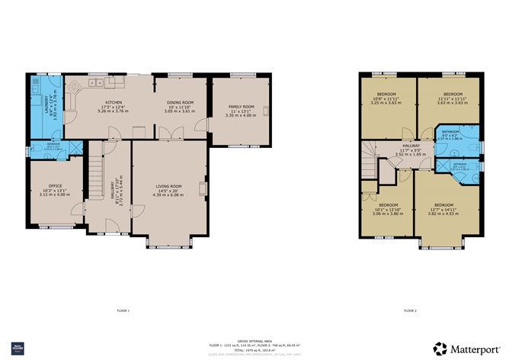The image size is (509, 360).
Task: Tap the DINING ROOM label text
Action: pos(180,102)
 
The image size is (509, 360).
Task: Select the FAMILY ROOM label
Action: pos(239,108)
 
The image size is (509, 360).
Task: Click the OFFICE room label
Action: pos(54,186)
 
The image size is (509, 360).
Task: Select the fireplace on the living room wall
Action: pos(203,188)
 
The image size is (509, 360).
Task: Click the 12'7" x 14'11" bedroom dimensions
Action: pos(443,210)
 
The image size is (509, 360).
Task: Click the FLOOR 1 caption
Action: pos(123,310)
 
